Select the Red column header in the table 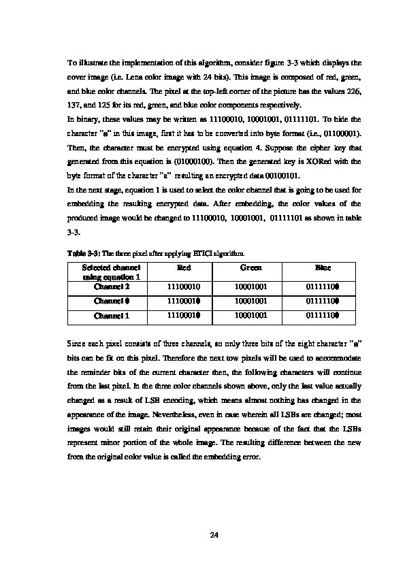(x=184, y=268)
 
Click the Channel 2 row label (x=110, y=287)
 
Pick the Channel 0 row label (x=110, y=301)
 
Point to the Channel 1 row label (x=110, y=315)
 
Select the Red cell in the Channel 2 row (x=184, y=287)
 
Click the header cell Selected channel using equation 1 (x=111, y=272)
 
